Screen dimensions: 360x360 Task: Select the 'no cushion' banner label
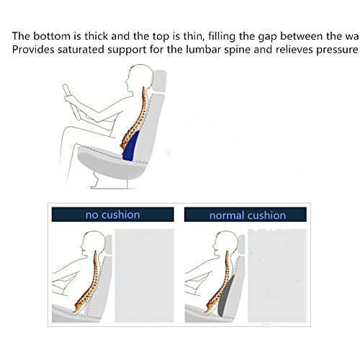point(112,215)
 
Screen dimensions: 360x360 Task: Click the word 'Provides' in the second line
point(34,50)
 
